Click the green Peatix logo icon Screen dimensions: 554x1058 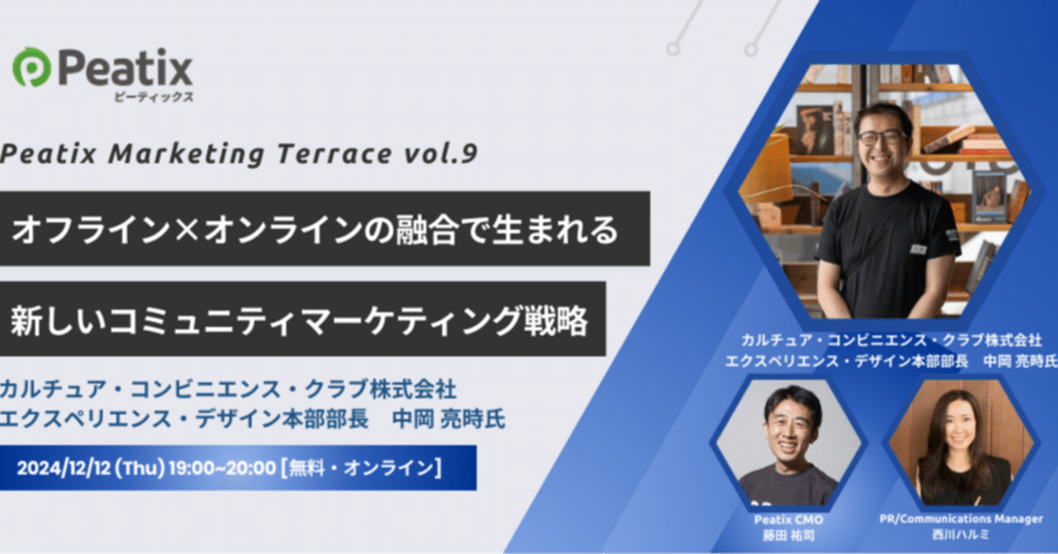point(31,68)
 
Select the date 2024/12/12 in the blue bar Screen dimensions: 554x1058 point(64,468)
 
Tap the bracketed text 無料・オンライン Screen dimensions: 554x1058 point(362,468)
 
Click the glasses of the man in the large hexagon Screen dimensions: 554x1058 point(882,137)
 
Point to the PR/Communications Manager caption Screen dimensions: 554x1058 point(960,518)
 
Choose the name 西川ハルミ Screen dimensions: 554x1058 point(960,534)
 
